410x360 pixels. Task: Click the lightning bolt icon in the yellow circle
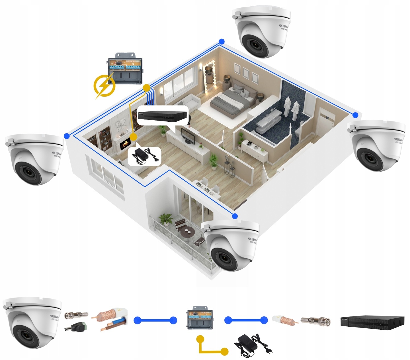pyautogui.click(x=104, y=86)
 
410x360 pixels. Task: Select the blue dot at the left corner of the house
pyautogui.click(x=67, y=136)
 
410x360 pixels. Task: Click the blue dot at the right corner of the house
pyautogui.click(x=355, y=115)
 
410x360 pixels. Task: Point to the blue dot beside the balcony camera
pyautogui.click(x=235, y=216)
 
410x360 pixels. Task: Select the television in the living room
pyautogui.click(x=188, y=136)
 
